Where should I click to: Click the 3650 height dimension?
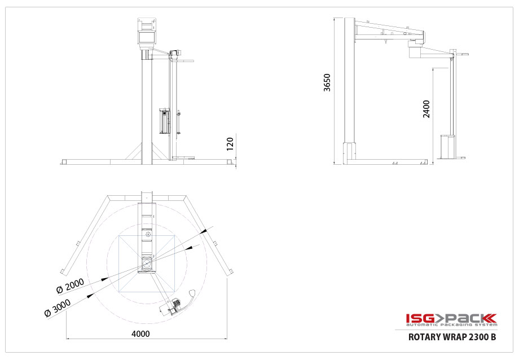coord(327,82)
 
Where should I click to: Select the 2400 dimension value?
coord(426,109)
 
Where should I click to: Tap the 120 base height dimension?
coord(230,144)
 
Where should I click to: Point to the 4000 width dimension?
coord(140,333)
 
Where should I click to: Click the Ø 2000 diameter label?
coord(70,286)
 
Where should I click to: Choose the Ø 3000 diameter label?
coord(58,308)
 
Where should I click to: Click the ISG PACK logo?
coord(451,318)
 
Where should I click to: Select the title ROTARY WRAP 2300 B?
coord(452,337)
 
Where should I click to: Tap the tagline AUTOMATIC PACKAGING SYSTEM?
coord(451,325)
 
